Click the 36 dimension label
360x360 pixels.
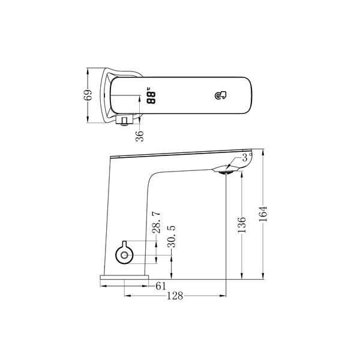[x=139, y=136]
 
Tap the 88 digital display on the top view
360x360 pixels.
[x=150, y=96]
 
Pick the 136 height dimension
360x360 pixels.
[x=241, y=225]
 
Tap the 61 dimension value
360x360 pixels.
[x=161, y=286]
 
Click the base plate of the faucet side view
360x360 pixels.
[x=125, y=278]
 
